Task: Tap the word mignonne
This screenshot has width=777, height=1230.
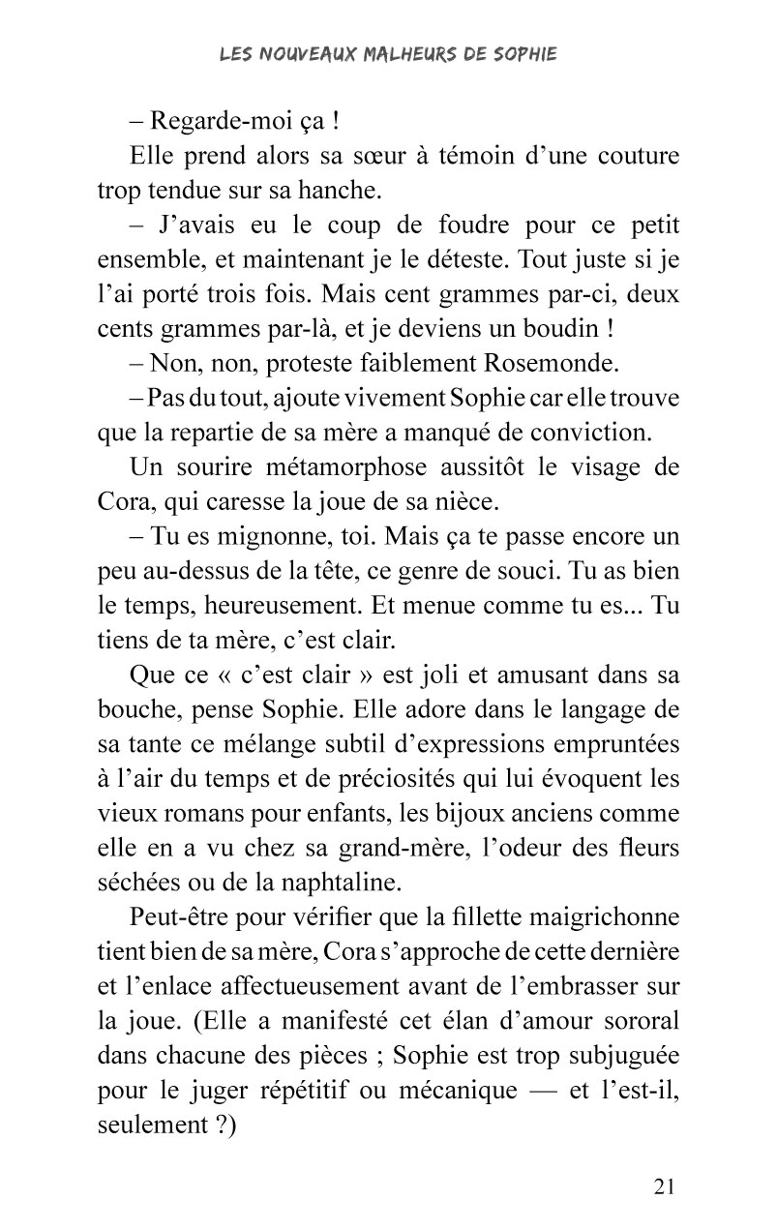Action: pyautogui.click(x=258, y=537)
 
